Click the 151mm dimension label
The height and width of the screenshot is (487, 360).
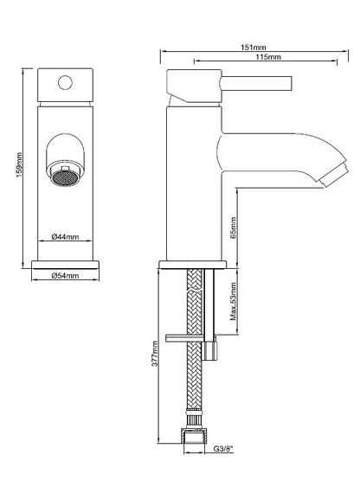point(254,48)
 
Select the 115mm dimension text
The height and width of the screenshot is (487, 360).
point(268,57)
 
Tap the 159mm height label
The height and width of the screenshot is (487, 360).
point(19,165)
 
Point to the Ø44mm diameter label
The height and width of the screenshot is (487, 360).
point(65,237)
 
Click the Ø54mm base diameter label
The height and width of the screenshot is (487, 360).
point(65,275)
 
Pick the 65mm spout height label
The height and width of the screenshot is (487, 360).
point(234,227)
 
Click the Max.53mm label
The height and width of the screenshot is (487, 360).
point(234,301)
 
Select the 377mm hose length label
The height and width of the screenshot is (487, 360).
point(155,354)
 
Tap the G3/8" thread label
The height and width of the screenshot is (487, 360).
point(223,448)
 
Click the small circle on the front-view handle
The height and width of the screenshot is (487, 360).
point(65,83)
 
